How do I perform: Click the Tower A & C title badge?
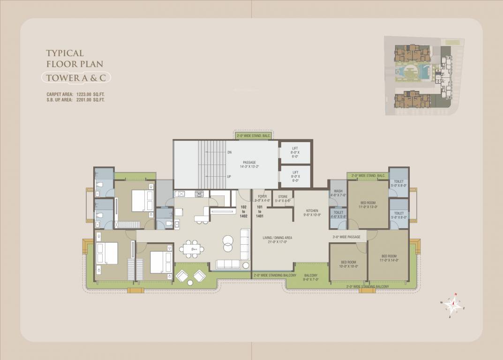point(76,78)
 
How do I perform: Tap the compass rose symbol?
point(453,305)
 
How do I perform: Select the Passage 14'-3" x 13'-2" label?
point(249,164)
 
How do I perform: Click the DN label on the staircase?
point(229,152)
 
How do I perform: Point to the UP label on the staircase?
point(229,177)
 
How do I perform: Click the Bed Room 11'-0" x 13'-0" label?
point(368,204)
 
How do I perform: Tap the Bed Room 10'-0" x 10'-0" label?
point(348,264)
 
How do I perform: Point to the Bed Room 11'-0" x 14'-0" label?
point(389,258)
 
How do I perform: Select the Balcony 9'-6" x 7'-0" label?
point(311,277)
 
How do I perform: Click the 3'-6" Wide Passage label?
point(346,237)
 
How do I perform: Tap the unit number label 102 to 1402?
point(244,212)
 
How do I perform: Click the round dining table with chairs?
point(191,249)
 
